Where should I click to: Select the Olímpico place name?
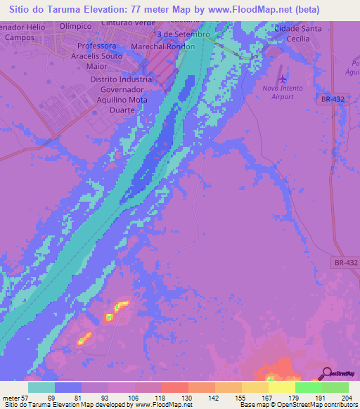pyautogui.click(x=75, y=25)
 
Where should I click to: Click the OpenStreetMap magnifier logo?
pyautogui.click(x=328, y=373)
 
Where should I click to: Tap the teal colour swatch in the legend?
pyautogui.click(x=41, y=387)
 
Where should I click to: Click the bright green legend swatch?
pyautogui.click(x=309, y=387)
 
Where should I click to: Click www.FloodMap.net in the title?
pyautogui.click(x=238, y=10)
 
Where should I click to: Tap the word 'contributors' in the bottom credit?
pyautogui.click(x=337, y=405)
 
